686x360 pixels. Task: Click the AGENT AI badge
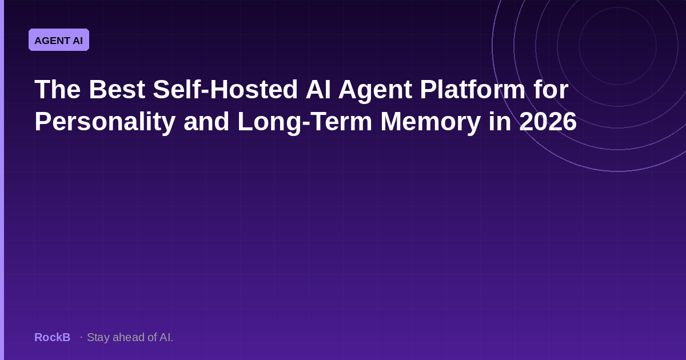click(x=59, y=40)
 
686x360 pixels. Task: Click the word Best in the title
click(x=117, y=89)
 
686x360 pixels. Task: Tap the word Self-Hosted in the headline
click(x=225, y=89)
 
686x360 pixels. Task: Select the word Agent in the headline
click(x=375, y=91)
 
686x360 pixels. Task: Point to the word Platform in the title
click(x=473, y=89)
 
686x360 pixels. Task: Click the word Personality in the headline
click(x=105, y=122)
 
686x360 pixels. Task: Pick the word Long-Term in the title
click(x=305, y=122)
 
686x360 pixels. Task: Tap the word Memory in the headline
click(x=430, y=122)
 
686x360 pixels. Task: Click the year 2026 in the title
click(x=548, y=122)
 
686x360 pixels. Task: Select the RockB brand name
click(x=53, y=337)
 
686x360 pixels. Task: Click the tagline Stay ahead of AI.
click(x=130, y=337)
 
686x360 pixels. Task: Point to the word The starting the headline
click(x=58, y=89)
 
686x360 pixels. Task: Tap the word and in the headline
click(x=206, y=122)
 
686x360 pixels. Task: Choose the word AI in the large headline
click(x=318, y=89)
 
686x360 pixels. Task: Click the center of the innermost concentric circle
click(x=618, y=46)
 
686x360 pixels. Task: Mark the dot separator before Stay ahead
click(x=81, y=337)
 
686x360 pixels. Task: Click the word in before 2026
click(x=500, y=122)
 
